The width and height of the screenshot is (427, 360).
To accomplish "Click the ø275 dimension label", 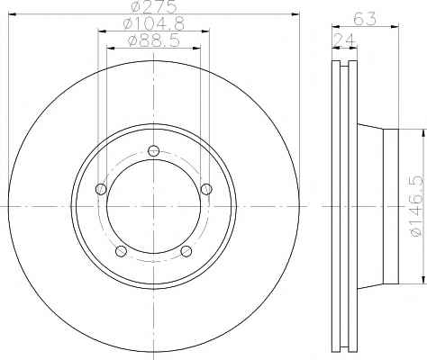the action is (x=153, y=6).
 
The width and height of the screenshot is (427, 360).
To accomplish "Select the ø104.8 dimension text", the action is (x=154, y=23).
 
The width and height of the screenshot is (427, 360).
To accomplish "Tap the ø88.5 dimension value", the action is (x=154, y=40).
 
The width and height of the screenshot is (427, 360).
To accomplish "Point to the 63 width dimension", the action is (x=365, y=19).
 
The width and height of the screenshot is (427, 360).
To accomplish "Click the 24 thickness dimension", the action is (x=344, y=39).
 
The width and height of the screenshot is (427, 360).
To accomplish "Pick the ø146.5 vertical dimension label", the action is (x=417, y=206).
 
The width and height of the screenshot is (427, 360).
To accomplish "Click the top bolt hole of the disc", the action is (x=154, y=150).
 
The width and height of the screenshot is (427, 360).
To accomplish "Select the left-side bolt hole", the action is (x=101, y=189).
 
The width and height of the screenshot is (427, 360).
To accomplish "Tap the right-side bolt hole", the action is (x=206, y=189).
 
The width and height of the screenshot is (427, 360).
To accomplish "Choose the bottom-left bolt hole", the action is (x=121, y=251).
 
